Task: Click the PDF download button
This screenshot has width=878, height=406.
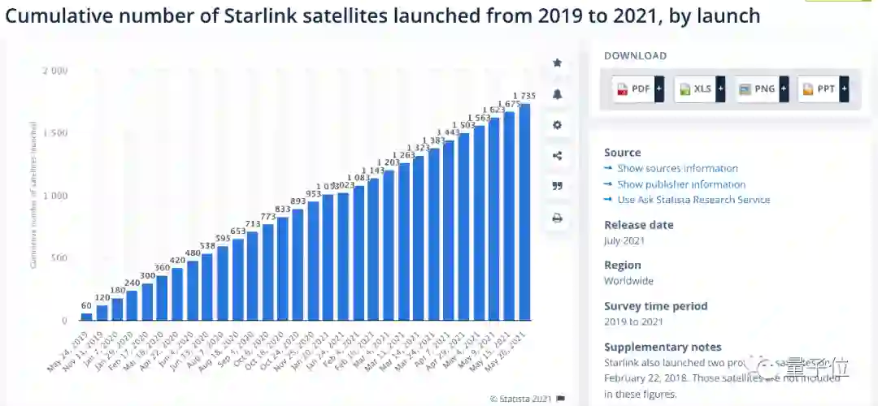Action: click(x=637, y=89)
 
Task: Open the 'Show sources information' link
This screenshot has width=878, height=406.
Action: click(x=677, y=169)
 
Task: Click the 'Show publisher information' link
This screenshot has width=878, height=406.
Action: click(x=681, y=184)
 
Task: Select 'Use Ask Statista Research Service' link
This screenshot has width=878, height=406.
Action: click(x=693, y=200)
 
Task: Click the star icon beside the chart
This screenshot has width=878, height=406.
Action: click(x=557, y=63)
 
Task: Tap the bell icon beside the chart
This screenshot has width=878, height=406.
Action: click(x=557, y=94)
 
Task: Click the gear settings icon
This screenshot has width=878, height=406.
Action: click(x=557, y=125)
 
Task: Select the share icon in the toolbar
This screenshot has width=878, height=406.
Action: click(x=557, y=156)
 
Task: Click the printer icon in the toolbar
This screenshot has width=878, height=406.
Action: click(x=557, y=218)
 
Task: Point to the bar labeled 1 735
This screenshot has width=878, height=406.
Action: click(x=524, y=211)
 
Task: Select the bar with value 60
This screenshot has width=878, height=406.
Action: click(x=86, y=317)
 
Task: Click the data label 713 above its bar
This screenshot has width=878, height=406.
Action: click(x=252, y=223)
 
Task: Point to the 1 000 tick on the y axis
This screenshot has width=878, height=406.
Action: click(x=54, y=196)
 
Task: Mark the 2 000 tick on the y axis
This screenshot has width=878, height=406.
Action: click(x=54, y=71)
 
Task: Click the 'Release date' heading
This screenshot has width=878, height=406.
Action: click(x=638, y=225)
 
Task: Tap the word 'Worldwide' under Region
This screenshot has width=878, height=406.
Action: click(x=628, y=281)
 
